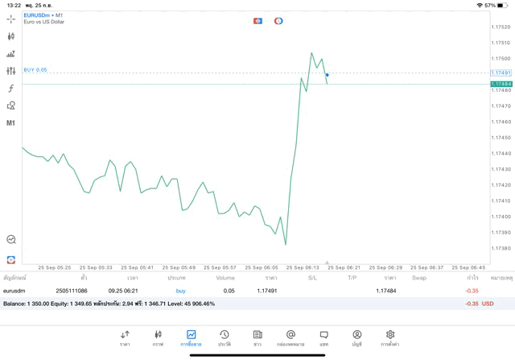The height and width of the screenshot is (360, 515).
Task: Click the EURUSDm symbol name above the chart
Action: click(38, 15)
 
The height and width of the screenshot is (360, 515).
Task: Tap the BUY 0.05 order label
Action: click(35, 70)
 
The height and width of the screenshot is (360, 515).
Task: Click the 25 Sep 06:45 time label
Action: click(468, 267)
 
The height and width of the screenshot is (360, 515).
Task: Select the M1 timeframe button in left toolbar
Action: click(11, 123)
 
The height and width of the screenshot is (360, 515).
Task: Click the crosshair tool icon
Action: click(11, 19)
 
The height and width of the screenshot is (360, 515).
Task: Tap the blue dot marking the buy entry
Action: click(327, 75)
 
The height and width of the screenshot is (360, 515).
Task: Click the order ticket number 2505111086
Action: click(72, 291)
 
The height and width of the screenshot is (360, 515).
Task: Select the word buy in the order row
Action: click(181, 291)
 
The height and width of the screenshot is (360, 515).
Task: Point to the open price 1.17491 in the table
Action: click(267, 291)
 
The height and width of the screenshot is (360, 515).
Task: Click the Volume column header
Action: click(225, 278)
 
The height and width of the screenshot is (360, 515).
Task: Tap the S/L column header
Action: click(312, 278)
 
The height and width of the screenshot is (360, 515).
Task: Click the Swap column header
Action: click(419, 278)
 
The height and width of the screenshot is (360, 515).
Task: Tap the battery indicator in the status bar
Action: click(503, 5)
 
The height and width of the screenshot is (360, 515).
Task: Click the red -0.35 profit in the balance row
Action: click(472, 304)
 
